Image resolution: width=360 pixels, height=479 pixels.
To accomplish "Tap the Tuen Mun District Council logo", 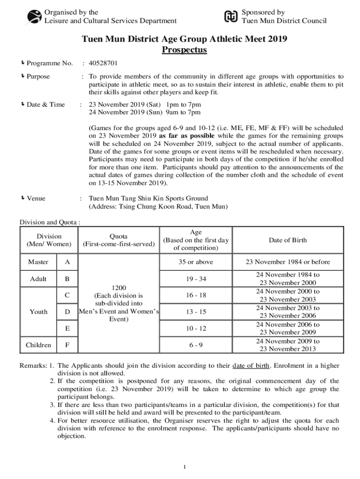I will pos(231,16).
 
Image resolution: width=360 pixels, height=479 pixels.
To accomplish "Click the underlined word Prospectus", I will pos(184,50).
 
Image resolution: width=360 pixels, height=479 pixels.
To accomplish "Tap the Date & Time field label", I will pos(45,104).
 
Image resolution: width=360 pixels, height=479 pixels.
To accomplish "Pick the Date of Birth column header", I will pos(288,240).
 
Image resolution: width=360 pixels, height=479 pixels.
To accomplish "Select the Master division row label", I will pos(38,262).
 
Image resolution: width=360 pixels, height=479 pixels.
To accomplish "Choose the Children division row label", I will pos(38,345).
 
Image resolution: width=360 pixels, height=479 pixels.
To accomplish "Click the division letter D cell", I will pos(67,312).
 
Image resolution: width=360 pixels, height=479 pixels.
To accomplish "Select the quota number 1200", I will pos(118,287).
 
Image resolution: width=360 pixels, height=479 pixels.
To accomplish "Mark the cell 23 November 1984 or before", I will pos(288,262).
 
